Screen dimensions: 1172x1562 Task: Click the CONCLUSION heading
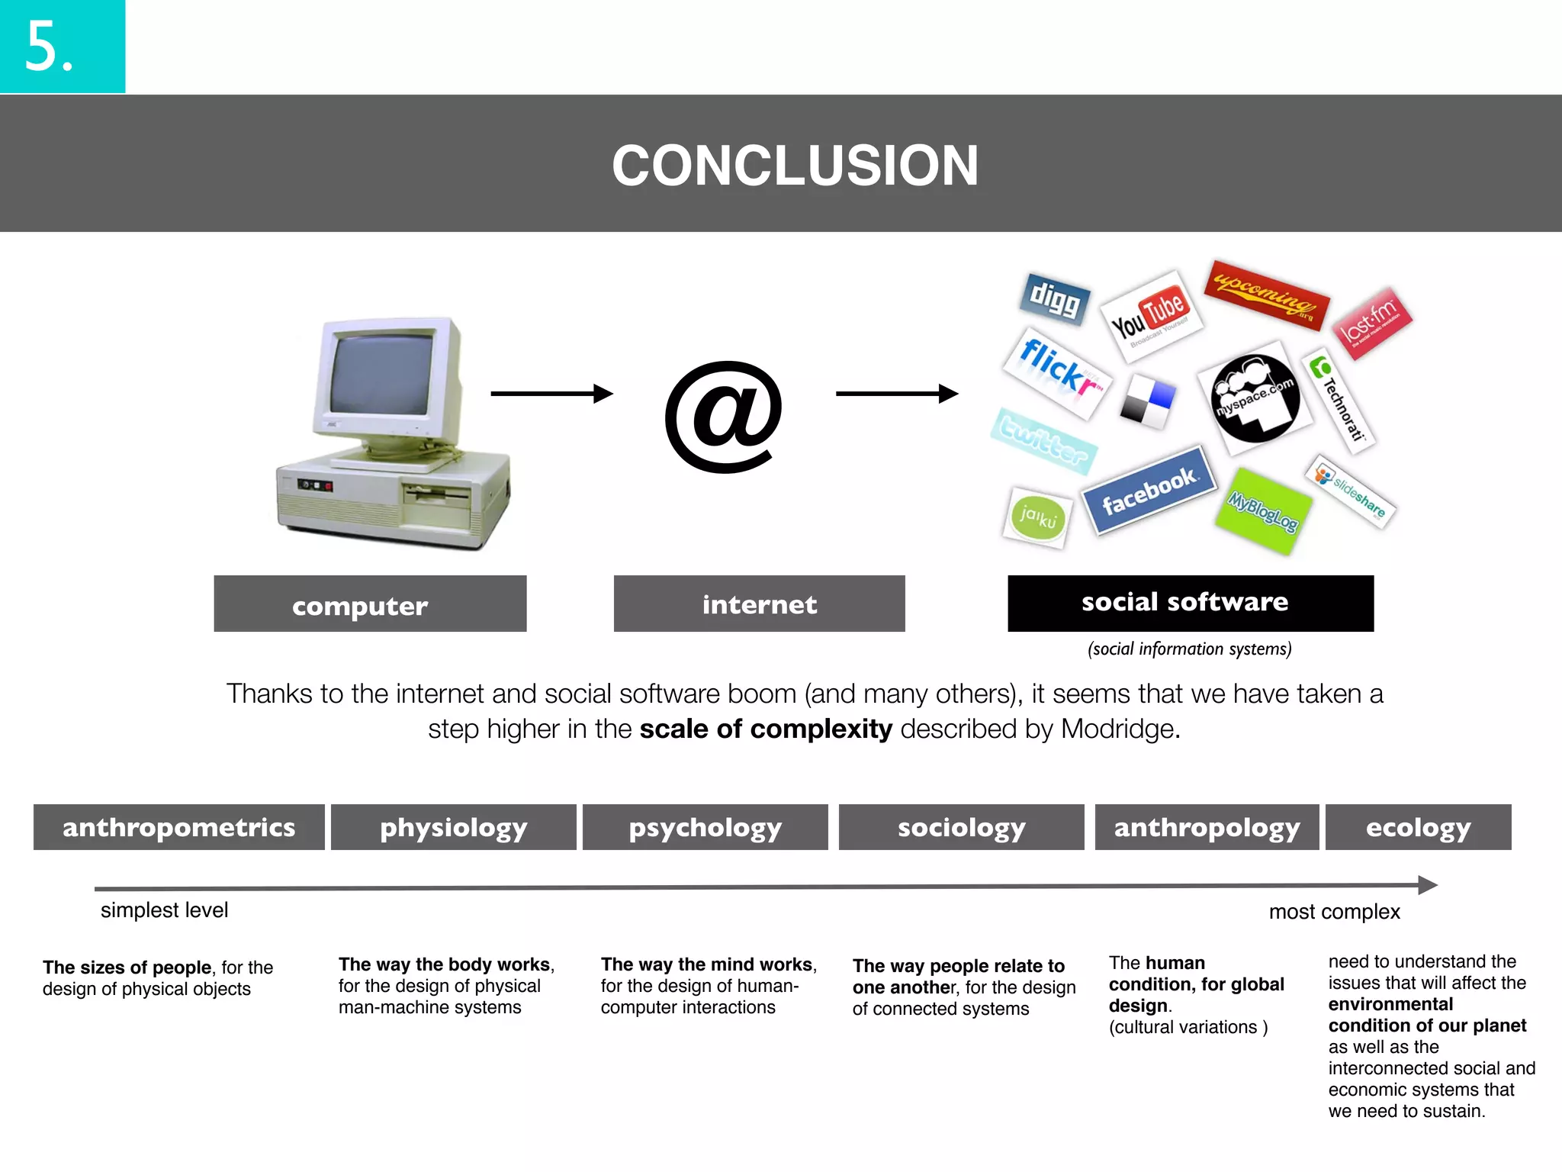coord(795,165)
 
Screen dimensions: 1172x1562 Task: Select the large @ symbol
coord(723,416)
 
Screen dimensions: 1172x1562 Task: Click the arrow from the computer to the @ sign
coord(551,394)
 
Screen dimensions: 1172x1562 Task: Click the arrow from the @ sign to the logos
coord(896,394)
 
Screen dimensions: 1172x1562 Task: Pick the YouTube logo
coord(1150,315)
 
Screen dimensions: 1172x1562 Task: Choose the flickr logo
coord(1057,372)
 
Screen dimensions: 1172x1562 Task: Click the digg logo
coord(1055,298)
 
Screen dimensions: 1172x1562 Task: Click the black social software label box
coord(1190,603)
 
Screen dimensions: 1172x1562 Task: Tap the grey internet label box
coord(759,604)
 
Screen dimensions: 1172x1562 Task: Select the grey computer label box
coord(370,604)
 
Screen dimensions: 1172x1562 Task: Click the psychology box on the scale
coord(705,827)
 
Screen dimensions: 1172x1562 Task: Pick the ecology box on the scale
coord(1418,827)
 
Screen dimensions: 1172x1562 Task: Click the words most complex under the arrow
coord(1334,912)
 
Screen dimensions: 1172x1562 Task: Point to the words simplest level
coord(164,910)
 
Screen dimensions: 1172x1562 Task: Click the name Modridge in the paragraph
coord(1119,729)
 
